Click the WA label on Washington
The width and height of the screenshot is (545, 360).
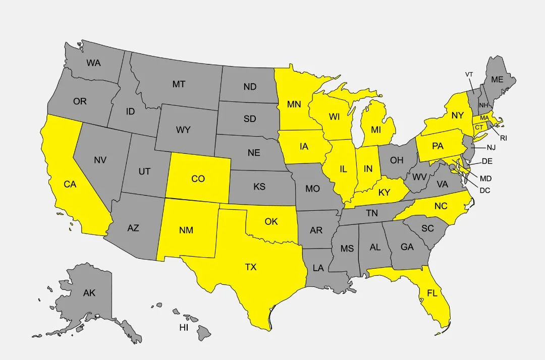tap(93, 63)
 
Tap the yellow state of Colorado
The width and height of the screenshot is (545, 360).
tap(198, 178)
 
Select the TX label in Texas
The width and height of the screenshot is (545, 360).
tap(251, 267)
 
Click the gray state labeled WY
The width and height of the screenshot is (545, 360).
tap(183, 130)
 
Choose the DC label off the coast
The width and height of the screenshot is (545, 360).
tap(485, 190)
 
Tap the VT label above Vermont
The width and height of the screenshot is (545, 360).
tap(469, 75)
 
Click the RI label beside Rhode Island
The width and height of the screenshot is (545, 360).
tap(503, 138)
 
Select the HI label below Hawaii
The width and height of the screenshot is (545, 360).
tap(184, 327)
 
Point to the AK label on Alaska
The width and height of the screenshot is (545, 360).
tap(89, 293)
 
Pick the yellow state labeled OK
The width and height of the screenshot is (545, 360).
tap(271, 221)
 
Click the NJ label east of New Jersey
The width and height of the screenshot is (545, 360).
tap(492, 148)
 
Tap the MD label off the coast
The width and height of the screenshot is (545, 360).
tap(486, 178)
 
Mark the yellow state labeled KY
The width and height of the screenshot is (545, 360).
tap(385, 192)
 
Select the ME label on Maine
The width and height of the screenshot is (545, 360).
tap(497, 79)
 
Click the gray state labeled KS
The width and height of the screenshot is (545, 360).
tap(259, 187)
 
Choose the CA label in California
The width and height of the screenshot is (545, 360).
tap(70, 185)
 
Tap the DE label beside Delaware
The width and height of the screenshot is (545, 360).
tap(487, 161)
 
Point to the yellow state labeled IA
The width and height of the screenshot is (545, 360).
tap(303, 147)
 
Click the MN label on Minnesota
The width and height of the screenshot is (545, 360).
tap(294, 104)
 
